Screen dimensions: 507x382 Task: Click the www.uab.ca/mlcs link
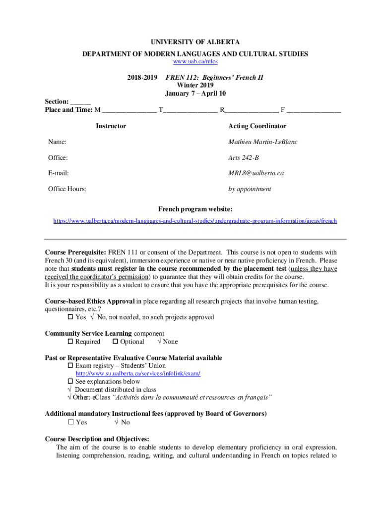195,62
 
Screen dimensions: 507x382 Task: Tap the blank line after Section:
80,101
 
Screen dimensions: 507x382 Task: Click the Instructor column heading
111,126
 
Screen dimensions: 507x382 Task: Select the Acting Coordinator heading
257,126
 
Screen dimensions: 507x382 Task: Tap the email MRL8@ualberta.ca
255,173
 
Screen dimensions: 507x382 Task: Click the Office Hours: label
66,189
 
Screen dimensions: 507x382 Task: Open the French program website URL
195,221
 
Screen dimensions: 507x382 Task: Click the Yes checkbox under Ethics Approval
70,317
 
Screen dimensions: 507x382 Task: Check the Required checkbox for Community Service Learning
70,342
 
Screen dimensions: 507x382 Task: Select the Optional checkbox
115,342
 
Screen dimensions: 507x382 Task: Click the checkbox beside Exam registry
70,366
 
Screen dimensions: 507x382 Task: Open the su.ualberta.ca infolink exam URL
138,374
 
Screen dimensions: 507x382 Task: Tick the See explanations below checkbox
70,382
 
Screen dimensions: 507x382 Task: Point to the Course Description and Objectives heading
97,439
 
